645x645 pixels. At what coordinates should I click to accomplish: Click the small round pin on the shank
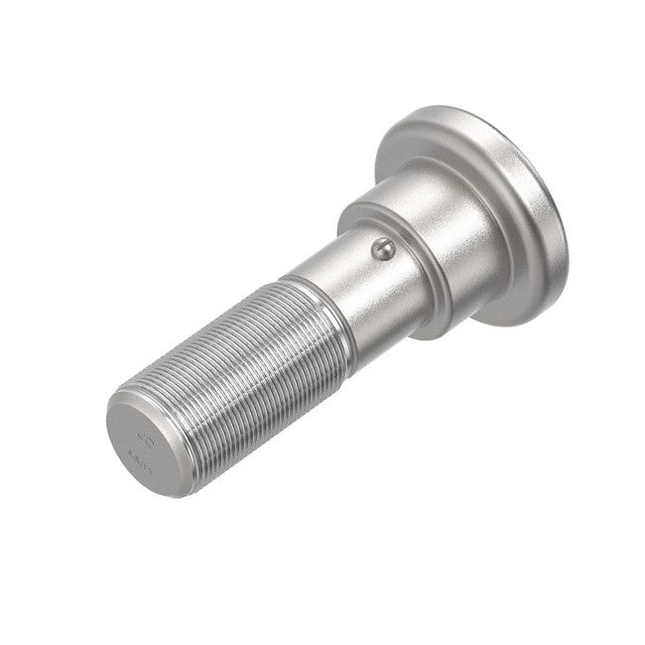tap(383, 248)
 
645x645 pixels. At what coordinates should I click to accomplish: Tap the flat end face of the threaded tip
tap(145, 445)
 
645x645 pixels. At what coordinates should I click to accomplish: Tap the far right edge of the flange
tap(568, 223)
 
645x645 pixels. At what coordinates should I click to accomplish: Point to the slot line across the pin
tap(383, 248)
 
